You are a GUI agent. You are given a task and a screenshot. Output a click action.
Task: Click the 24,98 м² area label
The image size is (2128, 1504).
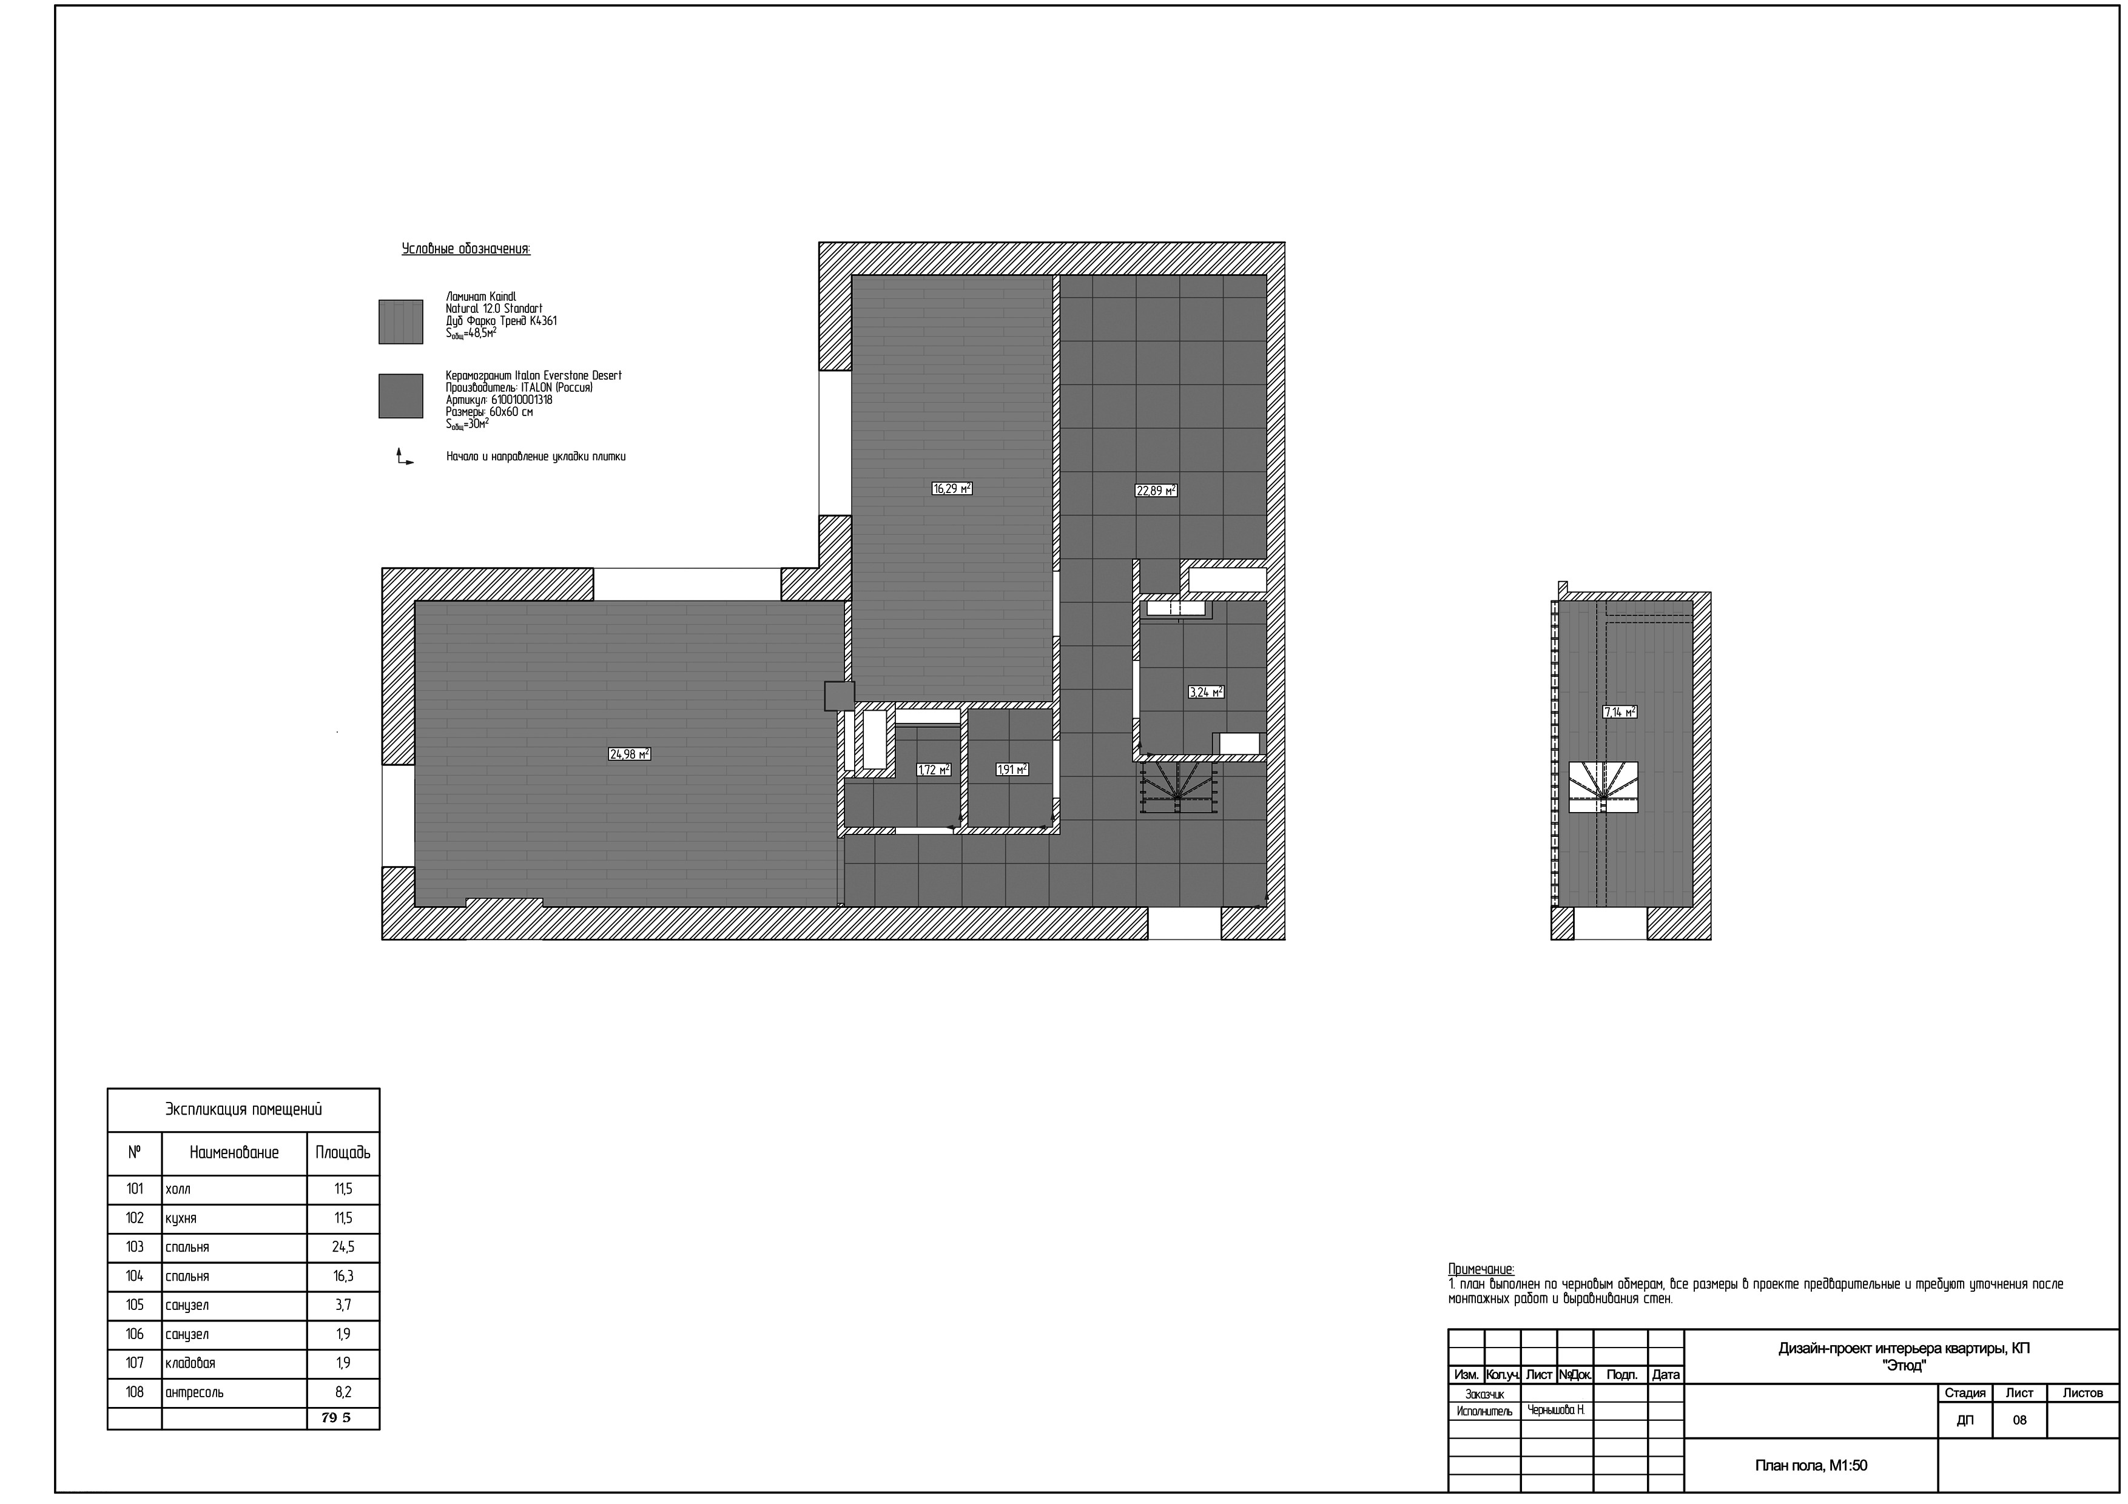[629, 754]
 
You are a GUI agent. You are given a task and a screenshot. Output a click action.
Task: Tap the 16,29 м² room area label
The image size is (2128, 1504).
[952, 488]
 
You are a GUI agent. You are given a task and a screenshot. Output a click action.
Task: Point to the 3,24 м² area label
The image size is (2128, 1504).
[1206, 691]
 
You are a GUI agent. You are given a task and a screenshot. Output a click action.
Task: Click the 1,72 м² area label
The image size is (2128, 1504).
[934, 769]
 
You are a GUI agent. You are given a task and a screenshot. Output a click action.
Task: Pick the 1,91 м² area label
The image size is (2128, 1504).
[1011, 769]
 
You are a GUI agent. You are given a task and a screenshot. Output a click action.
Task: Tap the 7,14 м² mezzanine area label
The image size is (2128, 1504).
[1619, 712]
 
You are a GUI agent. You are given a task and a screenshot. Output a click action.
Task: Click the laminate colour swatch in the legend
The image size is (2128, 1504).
[400, 321]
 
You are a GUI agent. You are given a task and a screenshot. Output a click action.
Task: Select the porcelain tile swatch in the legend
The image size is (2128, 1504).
[400, 395]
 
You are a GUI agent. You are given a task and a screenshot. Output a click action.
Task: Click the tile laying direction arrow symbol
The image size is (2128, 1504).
[404, 457]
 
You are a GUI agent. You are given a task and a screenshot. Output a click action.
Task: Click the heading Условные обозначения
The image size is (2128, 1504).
[466, 249]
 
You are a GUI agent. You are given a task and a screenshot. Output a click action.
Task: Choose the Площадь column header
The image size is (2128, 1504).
[343, 1153]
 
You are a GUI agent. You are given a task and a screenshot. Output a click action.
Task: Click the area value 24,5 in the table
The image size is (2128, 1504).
[343, 1247]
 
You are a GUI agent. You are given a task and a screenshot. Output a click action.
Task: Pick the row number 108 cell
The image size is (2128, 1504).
[135, 1392]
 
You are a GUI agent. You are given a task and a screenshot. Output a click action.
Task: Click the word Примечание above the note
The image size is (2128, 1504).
[1481, 1269]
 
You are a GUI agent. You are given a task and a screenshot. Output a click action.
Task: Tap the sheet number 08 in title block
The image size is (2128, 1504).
[2019, 1420]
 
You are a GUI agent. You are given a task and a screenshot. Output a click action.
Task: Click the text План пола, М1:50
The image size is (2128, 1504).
[1811, 1465]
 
